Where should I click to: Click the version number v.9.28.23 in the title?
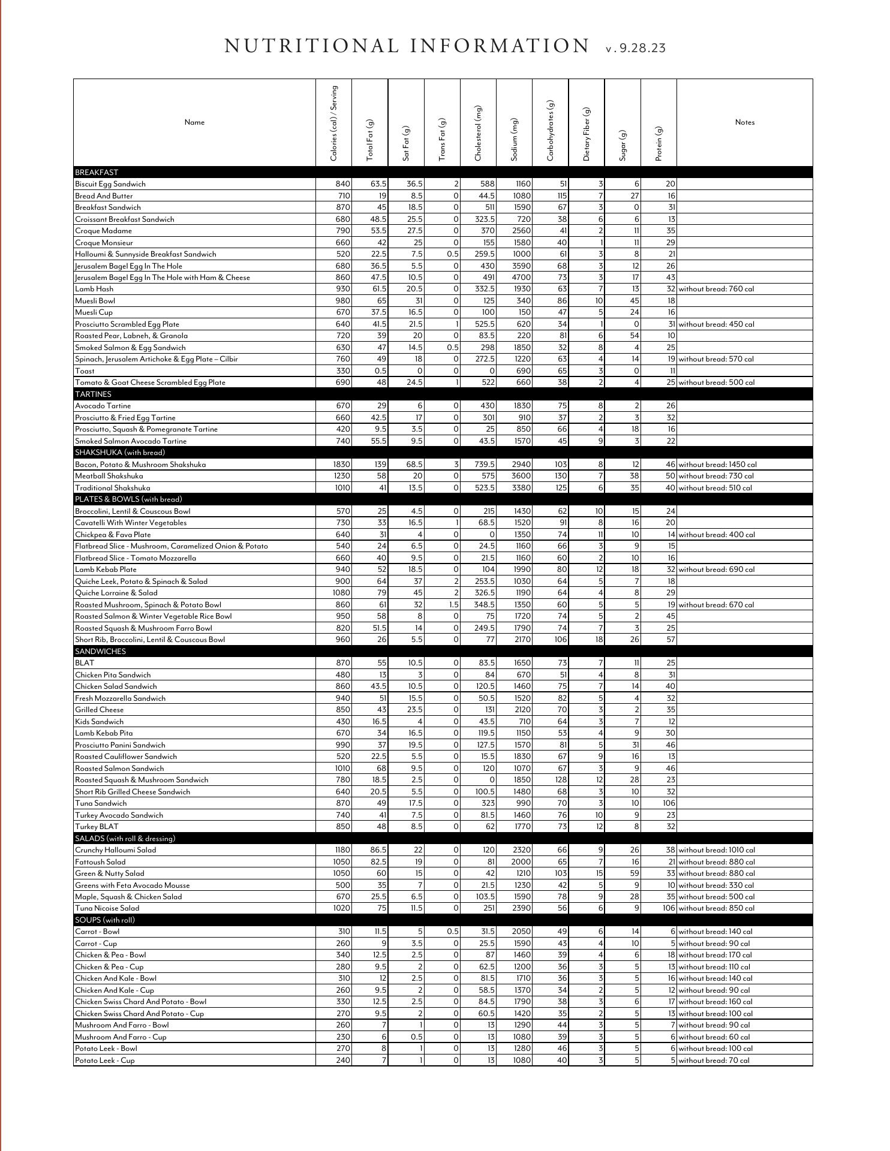(x=636, y=49)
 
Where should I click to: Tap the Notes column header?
(x=744, y=122)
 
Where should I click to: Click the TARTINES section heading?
(x=93, y=394)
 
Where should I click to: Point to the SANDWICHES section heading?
(x=100, y=652)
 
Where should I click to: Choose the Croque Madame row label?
(x=103, y=231)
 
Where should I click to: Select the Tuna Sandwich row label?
(x=101, y=803)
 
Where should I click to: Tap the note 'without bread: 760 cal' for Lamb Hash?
(x=716, y=289)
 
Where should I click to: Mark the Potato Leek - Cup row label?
(x=104, y=1060)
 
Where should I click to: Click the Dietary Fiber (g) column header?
(x=587, y=134)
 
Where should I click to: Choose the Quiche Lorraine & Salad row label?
(x=116, y=593)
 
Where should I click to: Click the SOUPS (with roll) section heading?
(x=105, y=920)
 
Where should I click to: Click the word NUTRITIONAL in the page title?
(x=311, y=47)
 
